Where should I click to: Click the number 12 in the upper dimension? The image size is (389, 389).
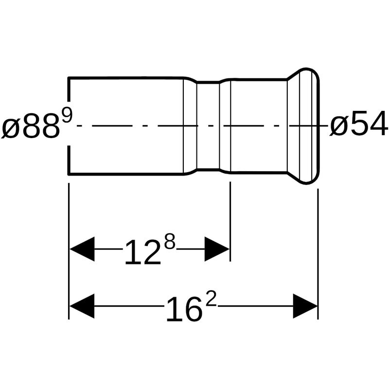142,252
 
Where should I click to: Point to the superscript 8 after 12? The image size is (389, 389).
170,241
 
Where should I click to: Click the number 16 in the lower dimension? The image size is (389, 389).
183,310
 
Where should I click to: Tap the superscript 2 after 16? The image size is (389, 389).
212,299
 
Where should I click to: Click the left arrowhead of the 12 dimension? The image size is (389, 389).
82,249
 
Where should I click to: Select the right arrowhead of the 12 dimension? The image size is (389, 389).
217,249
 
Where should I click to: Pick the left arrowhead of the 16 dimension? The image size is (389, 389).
82,306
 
